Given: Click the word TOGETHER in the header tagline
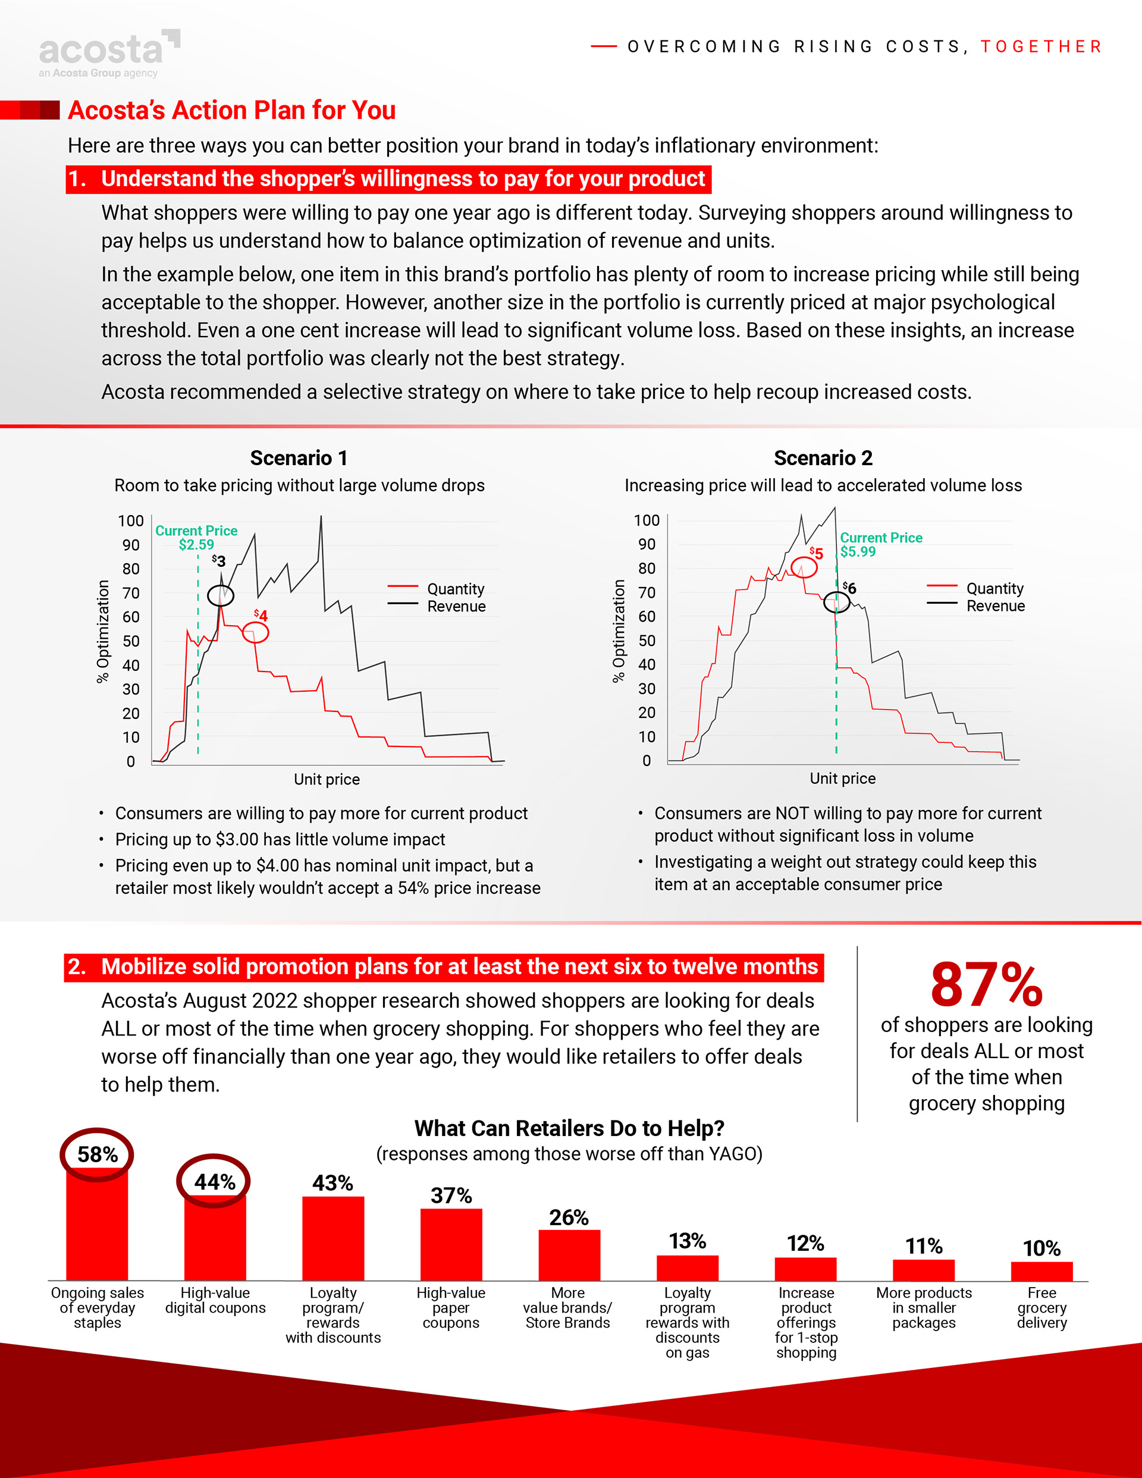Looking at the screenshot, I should coord(1041,47).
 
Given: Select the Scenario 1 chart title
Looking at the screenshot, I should coord(299,458).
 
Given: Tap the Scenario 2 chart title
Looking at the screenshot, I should coord(823,458).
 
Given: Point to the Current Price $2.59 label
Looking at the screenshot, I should coord(196,537).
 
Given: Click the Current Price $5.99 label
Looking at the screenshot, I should coord(881,544).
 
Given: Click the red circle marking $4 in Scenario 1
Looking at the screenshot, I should coord(255,633).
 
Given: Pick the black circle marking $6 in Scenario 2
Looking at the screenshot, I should coord(836,602).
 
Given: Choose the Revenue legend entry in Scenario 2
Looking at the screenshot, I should coord(995,605).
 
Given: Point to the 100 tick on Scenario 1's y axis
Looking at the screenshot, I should coord(131,521).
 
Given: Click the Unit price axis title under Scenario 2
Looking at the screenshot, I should coord(842,778).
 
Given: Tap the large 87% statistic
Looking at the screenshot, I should coord(986,985).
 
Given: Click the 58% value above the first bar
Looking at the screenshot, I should coord(98,1154).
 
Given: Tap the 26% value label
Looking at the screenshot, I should coord(569,1217).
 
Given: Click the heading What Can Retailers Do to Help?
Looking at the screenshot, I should coord(569,1128).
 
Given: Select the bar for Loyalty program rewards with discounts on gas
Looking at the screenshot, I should coord(687,1267).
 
